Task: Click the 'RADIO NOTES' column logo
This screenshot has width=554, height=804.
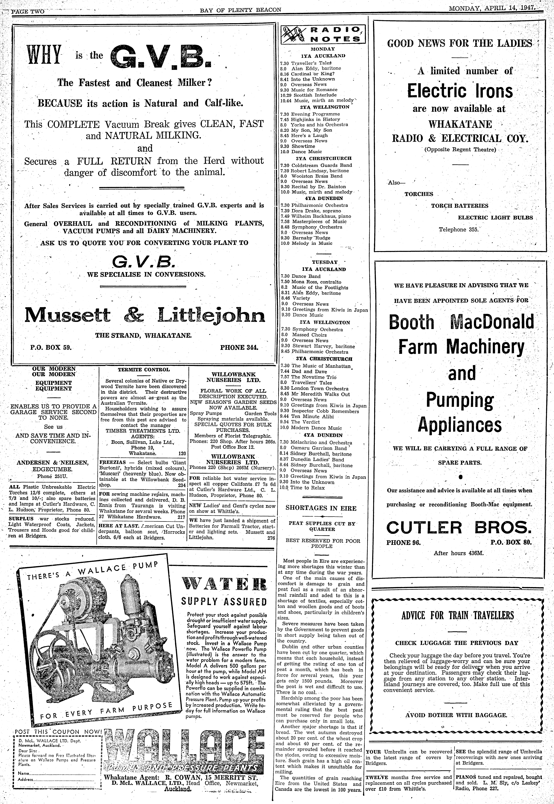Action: (x=322, y=34)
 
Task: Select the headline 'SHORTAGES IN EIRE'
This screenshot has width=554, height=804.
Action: (x=321, y=508)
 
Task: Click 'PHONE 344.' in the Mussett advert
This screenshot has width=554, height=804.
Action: (x=239, y=347)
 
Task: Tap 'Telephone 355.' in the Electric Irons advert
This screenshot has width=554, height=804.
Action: (x=459, y=230)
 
